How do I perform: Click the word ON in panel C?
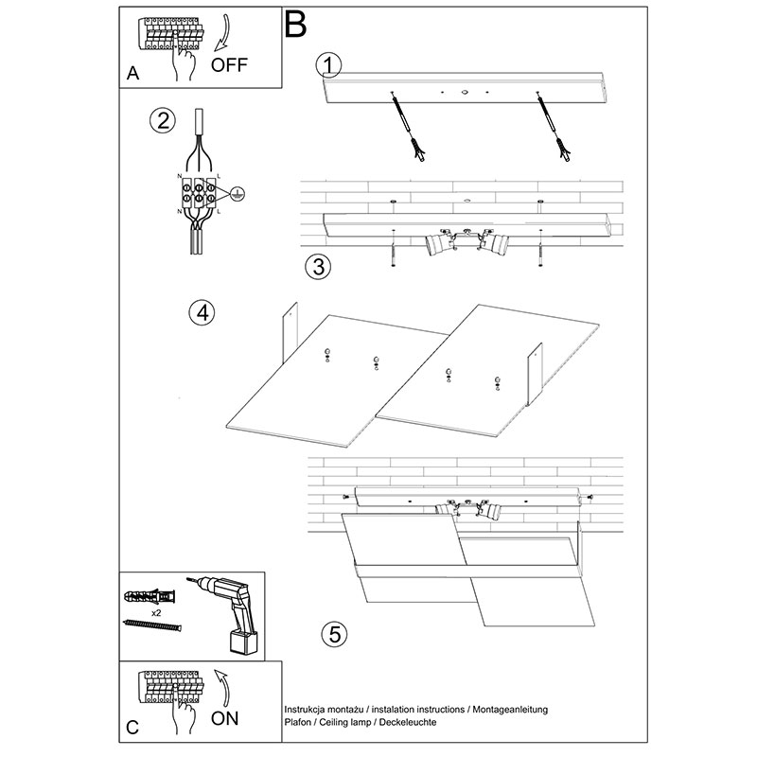pyautogui.click(x=225, y=718)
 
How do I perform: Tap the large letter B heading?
pyautogui.click(x=294, y=25)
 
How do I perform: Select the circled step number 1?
pyautogui.click(x=328, y=64)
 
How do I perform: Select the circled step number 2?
pyautogui.click(x=164, y=120)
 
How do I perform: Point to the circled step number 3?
pyautogui.click(x=319, y=266)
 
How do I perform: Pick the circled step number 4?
pyautogui.click(x=200, y=313)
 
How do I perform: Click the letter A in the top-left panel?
pyautogui.click(x=132, y=74)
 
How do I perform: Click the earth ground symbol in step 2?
pyautogui.click(x=238, y=193)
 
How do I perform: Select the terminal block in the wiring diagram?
pyautogui.click(x=199, y=194)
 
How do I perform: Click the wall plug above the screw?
pyautogui.click(x=146, y=598)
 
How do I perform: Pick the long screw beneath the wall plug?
pyautogui.click(x=151, y=625)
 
